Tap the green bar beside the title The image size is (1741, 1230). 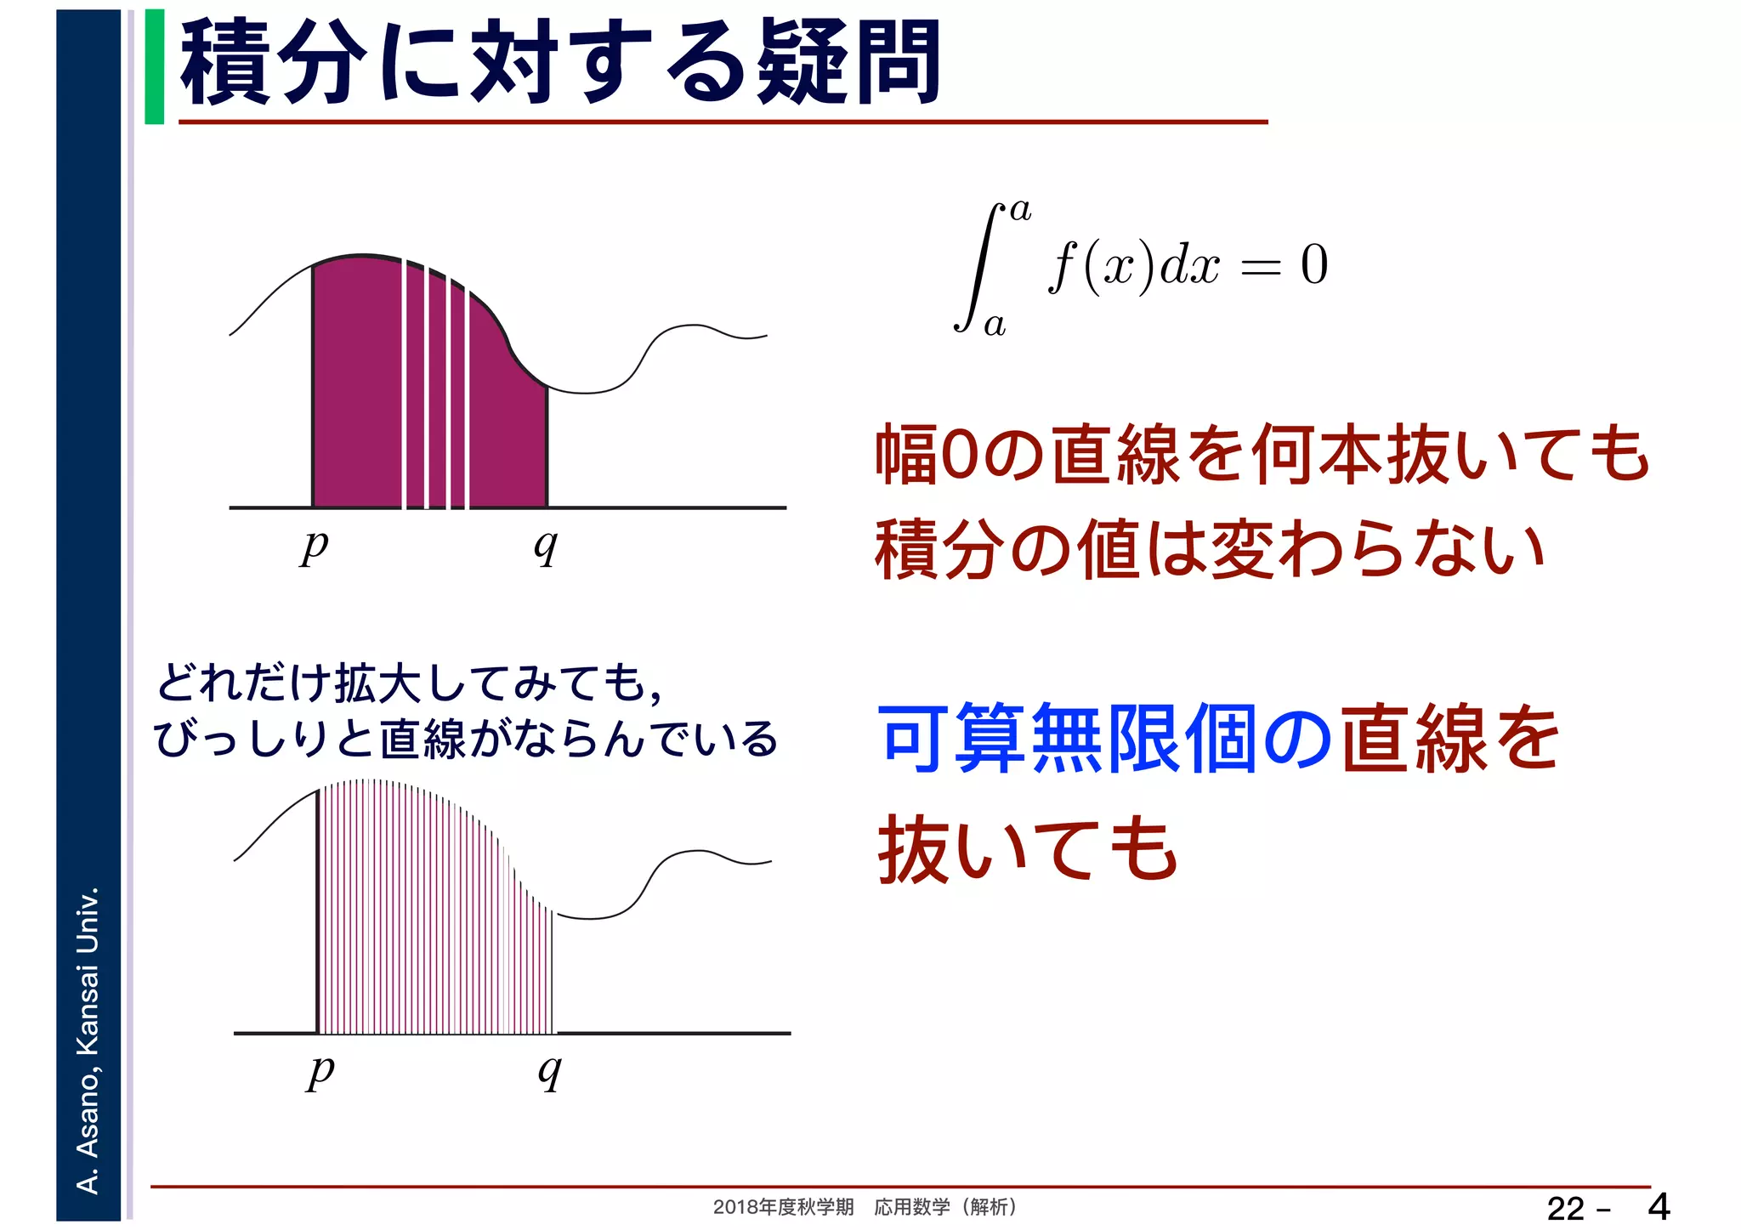click(x=154, y=66)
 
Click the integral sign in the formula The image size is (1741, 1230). click(x=980, y=267)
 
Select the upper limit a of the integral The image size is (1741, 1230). click(x=1020, y=210)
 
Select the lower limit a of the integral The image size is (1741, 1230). click(x=994, y=324)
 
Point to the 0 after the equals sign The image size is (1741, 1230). click(x=1313, y=264)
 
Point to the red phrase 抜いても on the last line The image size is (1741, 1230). click(x=1028, y=848)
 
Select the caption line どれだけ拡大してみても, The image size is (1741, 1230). click(x=409, y=683)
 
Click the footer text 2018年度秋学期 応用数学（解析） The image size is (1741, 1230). click(x=864, y=1207)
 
